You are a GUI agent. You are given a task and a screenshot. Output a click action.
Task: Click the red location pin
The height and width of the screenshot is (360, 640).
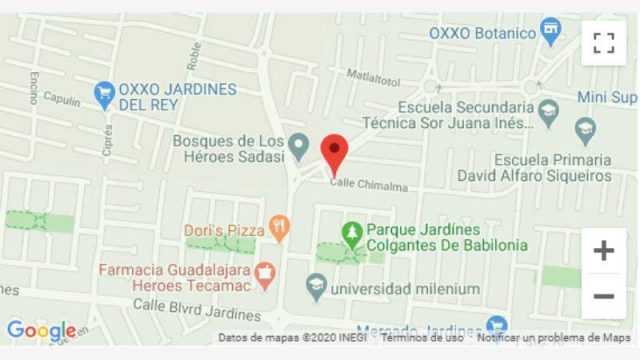click(334, 153)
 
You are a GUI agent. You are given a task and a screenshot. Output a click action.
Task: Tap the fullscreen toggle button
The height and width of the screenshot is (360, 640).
click(603, 42)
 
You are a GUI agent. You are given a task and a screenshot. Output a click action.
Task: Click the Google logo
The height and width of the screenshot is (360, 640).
click(41, 331)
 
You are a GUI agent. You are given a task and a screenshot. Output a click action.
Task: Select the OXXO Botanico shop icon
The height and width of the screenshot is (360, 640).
click(549, 32)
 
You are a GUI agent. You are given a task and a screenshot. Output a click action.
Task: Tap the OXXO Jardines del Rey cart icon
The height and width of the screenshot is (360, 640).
click(104, 95)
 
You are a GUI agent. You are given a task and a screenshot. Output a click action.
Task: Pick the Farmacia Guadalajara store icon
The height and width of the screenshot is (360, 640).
click(265, 270)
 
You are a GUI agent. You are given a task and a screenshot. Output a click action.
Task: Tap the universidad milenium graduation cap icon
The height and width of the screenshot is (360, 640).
click(316, 288)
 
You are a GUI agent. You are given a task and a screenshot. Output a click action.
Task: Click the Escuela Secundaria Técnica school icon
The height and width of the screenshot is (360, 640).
click(547, 108)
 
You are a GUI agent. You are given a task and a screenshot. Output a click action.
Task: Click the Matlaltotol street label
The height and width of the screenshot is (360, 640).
click(373, 77)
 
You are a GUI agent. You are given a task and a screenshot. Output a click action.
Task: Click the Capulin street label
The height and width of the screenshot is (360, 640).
click(61, 101)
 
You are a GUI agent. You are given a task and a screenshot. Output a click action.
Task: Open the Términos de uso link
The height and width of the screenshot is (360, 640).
click(421, 338)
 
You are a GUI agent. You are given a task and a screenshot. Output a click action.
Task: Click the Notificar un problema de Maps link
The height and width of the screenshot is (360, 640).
click(554, 338)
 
